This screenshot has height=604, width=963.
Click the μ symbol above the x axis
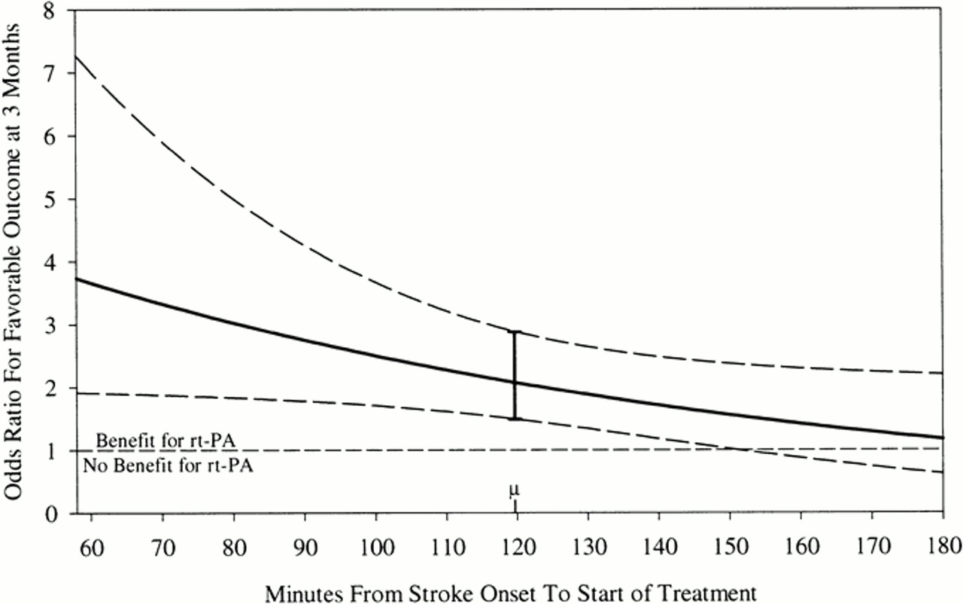pos(515,490)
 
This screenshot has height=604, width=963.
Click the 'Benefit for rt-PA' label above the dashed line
pos(153,439)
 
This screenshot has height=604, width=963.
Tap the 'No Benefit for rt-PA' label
pos(168,465)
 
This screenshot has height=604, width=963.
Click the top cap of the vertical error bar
pos(515,331)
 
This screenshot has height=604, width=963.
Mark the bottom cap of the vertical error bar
pos(515,419)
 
